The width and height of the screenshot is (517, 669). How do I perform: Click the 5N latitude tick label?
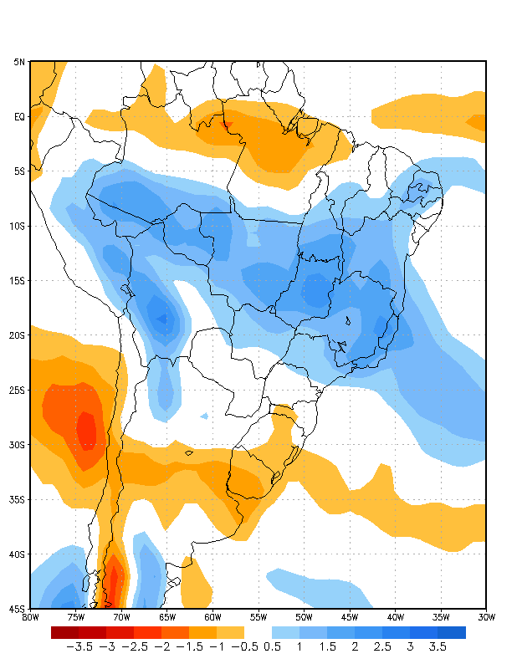point(18,62)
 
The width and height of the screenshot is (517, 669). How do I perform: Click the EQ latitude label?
point(19,116)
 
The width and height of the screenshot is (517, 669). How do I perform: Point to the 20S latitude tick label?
point(18,335)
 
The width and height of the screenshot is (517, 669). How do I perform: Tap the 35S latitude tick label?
point(18,499)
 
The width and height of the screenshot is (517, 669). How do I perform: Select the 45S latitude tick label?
point(18,608)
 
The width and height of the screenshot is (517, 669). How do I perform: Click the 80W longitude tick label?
point(30,617)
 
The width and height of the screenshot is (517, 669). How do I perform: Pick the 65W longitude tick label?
point(167,617)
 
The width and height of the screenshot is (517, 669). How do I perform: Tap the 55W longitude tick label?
point(258,617)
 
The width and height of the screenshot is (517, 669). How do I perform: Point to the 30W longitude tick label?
point(486,617)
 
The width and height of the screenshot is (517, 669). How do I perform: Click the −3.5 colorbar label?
point(79,646)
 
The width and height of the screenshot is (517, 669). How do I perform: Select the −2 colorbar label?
point(161,646)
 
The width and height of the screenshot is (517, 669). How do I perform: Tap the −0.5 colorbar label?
point(244,646)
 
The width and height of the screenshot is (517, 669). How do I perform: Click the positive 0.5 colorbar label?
point(272,646)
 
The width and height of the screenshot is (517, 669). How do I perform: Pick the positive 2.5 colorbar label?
point(382,646)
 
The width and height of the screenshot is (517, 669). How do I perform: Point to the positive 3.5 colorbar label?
point(438,646)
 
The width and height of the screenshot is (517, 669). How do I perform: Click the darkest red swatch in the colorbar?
point(64,632)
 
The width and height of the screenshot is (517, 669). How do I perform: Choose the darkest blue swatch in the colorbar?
point(452,632)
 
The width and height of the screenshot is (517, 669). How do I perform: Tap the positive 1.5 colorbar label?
point(327,646)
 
